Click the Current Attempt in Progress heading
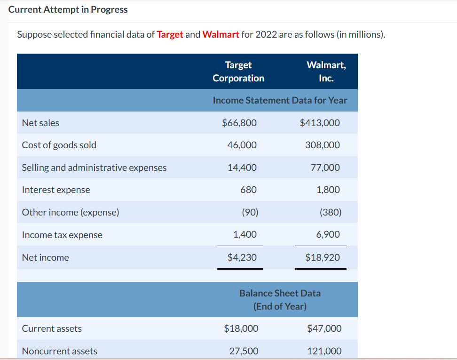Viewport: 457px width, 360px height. point(68,10)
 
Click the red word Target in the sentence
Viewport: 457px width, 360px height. point(170,35)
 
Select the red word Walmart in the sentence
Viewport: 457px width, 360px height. point(221,35)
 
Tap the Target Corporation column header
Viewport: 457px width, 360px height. point(238,72)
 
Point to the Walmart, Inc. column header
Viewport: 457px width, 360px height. point(326,72)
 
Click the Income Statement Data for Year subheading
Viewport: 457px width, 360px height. point(280,100)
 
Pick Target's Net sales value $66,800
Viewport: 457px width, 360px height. point(239,123)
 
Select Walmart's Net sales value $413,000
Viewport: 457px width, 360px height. point(320,123)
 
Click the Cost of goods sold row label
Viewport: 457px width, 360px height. point(59,145)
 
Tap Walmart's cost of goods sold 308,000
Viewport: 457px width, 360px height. point(323,145)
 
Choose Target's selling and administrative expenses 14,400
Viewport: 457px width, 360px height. point(242,168)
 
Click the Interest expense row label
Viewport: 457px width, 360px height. point(56,190)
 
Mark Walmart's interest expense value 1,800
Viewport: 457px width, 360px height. point(328,190)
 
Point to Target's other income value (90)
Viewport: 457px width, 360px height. point(250,212)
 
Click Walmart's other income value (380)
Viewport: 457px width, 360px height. point(331,212)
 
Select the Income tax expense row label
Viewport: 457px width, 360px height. point(62,235)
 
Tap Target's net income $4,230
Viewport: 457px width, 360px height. point(242,257)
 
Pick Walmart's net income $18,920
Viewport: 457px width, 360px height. point(323,257)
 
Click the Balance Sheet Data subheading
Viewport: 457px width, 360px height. point(280,299)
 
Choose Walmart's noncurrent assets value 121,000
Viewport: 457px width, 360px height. point(324,351)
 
